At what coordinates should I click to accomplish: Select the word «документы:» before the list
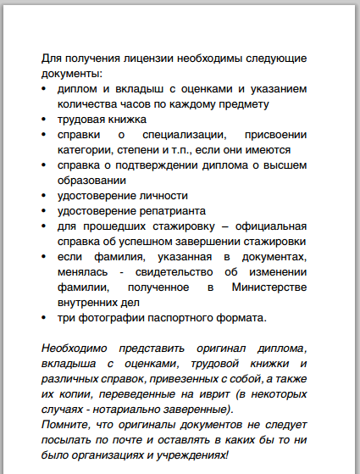pyautogui.click(x=70, y=74)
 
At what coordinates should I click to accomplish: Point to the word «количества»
pyautogui.click(x=87, y=103)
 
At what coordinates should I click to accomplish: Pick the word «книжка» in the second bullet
pyautogui.click(x=127, y=119)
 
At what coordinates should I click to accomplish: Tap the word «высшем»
pyautogui.click(x=286, y=165)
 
